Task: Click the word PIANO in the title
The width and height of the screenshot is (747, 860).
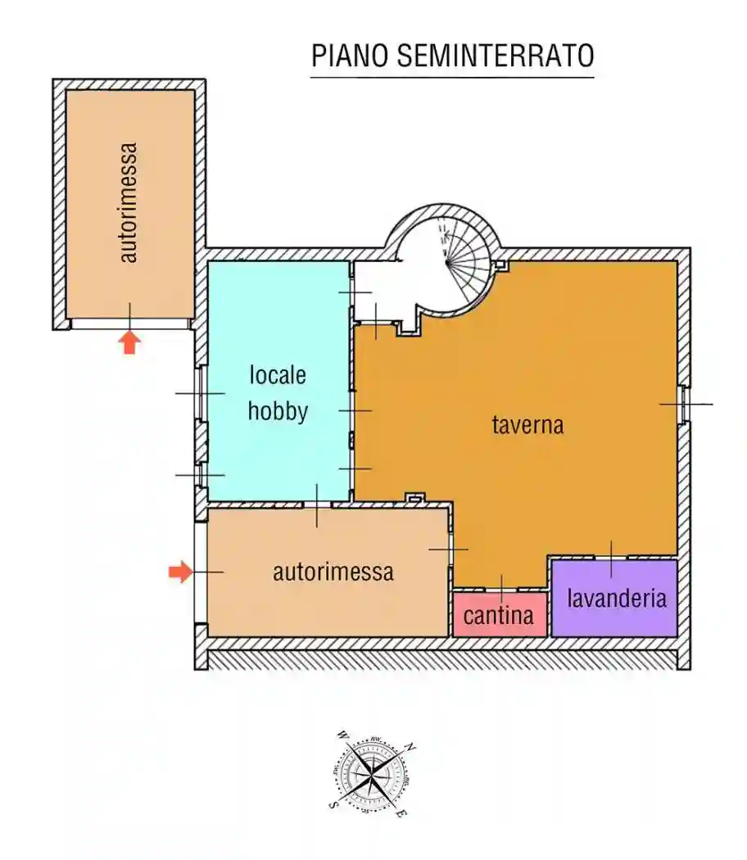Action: click(350, 57)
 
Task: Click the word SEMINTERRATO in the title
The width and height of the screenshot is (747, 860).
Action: click(495, 57)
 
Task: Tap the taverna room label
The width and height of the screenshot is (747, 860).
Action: click(527, 425)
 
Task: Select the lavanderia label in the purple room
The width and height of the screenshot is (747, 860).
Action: click(616, 598)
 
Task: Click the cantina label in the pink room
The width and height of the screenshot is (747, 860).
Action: click(499, 615)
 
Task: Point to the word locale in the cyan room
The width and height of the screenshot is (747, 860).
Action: click(278, 375)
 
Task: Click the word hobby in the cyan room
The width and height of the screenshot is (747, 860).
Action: click(278, 410)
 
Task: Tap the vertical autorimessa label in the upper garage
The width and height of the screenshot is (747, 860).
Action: click(129, 202)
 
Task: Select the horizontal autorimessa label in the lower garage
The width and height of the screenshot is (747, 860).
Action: click(333, 572)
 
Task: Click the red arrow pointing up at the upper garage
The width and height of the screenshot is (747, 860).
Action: click(129, 341)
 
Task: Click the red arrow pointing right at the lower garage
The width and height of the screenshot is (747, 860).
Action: click(179, 572)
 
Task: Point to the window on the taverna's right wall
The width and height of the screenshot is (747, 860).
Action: click(682, 404)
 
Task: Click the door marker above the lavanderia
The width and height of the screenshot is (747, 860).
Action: click(611, 558)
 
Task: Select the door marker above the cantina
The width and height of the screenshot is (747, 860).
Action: click(501, 588)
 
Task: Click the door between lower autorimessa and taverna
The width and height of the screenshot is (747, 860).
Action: click(450, 549)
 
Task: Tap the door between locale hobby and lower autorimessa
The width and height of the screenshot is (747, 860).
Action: click(317, 505)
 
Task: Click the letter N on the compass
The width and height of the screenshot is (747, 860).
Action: click(411, 748)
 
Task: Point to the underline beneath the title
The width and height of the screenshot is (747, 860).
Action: click(451, 78)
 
